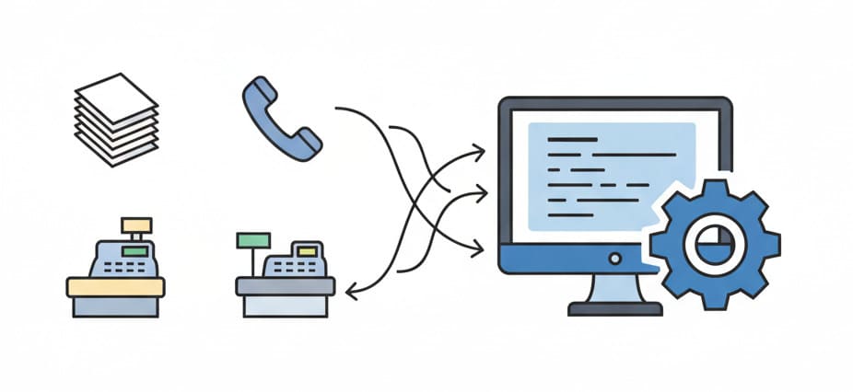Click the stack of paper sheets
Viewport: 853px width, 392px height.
[116, 121]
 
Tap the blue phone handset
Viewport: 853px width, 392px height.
[281, 119]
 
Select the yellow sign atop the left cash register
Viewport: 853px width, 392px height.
[136, 224]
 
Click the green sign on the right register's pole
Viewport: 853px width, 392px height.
[253, 240]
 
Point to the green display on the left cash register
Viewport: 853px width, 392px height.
[135, 249]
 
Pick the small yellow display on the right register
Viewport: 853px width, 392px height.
[304, 251]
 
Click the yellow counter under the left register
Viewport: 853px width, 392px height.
[115, 287]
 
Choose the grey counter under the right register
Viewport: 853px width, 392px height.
[285, 286]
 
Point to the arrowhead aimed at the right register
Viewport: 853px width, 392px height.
[351, 293]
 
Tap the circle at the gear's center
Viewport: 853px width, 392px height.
[715, 241]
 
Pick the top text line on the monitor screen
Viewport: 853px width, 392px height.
[572, 139]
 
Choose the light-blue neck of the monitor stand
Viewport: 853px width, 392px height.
[614, 288]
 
